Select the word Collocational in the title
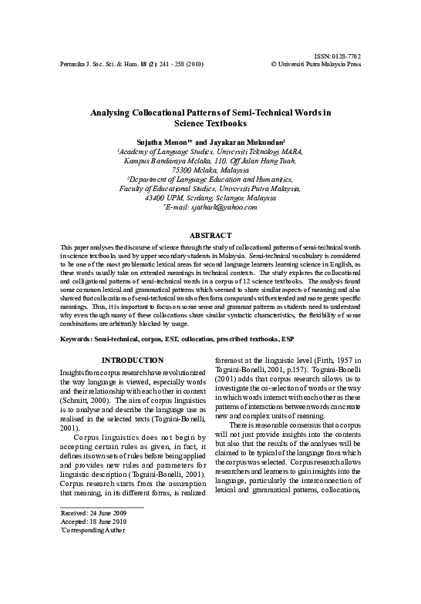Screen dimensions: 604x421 coord(176,112)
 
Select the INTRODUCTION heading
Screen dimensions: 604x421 coord(133,360)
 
